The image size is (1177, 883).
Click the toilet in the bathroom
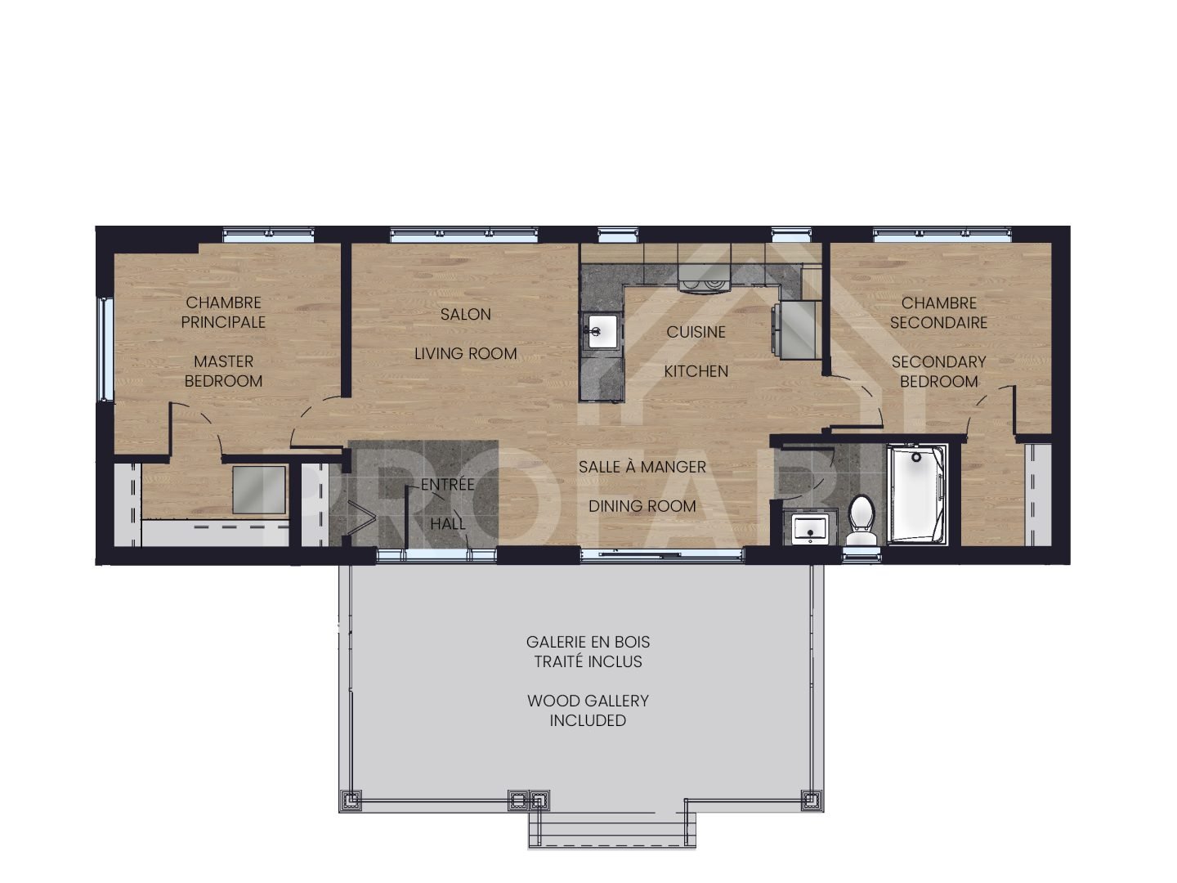click(x=861, y=520)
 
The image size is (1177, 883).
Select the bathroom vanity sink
click(x=810, y=529)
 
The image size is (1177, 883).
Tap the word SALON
click(x=466, y=314)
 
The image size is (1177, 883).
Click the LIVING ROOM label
click(x=466, y=353)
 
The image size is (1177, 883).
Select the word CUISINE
click(x=696, y=332)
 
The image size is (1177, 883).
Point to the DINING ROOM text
click(x=642, y=506)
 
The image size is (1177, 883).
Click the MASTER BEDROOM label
click(x=223, y=371)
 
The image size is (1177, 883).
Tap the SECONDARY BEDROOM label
click(x=939, y=371)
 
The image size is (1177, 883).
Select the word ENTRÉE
click(x=448, y=485)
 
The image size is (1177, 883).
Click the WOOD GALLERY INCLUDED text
click(x=588, y=710)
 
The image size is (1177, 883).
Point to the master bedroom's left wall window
click(x=105, y=349)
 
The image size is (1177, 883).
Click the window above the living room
click(x=463, y=235)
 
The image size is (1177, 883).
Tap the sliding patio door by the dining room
click(x=662, y=555)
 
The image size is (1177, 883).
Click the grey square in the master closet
click(x=259, y=490)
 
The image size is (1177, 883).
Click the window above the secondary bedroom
click(x=942, y=235)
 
